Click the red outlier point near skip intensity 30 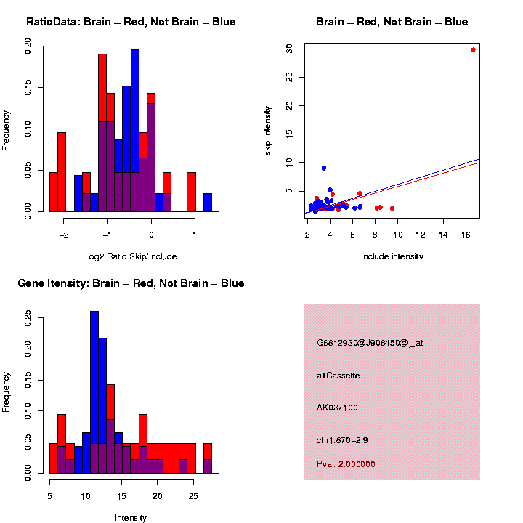(x=473, y=50)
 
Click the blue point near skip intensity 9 (x=324, y=168)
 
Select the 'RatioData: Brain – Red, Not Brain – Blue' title (x=131, y=22)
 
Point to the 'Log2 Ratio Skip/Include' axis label (x=131, y=256)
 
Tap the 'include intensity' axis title (x=392, y=256)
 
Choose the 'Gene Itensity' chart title (x=131, y=283)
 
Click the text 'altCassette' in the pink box (x=338, y=376)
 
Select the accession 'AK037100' (x=338, y=408)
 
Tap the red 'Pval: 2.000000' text (x=346, y=464)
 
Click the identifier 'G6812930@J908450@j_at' (x=370, y=343)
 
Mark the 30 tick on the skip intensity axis (x=290, y=49)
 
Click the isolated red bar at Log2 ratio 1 (x=192, y=192)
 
